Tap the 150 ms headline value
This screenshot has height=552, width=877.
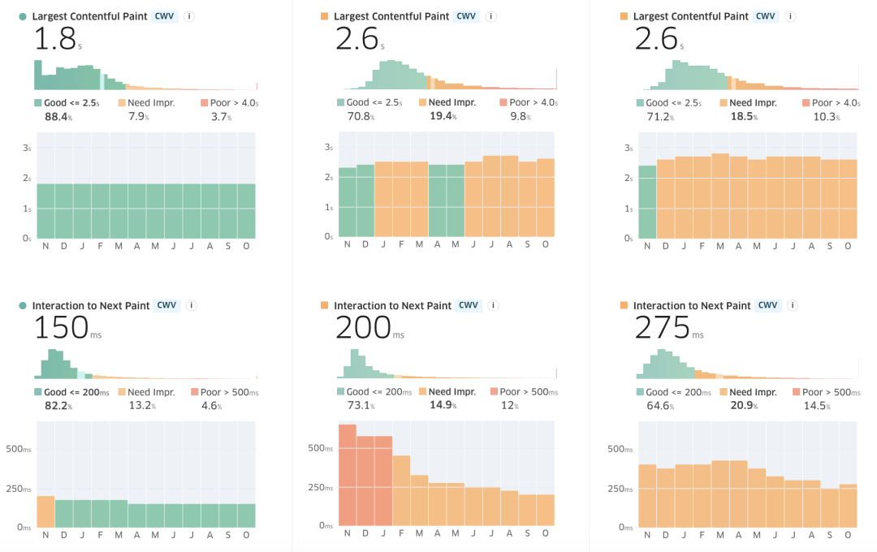tap(62, 326)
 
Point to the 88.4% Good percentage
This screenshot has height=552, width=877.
tap(57, 117)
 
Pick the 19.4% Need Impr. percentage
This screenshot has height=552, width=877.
tap(442, 117)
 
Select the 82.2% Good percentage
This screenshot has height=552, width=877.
tap(57, 406)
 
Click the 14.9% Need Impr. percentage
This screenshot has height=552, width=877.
tap(442, 406)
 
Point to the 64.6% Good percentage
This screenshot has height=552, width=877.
tap(660, 406)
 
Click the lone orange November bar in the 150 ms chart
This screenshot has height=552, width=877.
tap(45, 511)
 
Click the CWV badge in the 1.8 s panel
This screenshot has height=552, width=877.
tap(165, 16)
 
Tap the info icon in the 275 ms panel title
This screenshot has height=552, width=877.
tap(793, 306)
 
